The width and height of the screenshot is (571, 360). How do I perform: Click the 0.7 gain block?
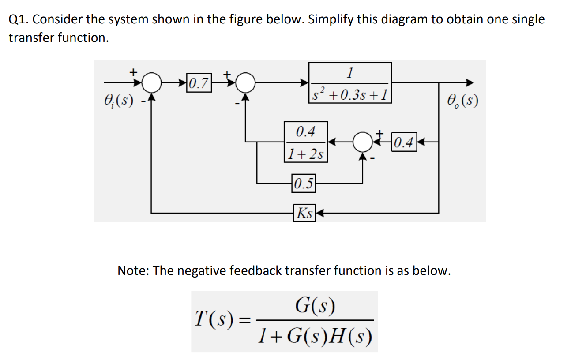tap(199, 82)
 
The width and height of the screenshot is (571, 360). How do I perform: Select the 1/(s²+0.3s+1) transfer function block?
tap(350, 82)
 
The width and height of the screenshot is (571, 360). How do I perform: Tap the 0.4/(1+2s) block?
tap(305, 142)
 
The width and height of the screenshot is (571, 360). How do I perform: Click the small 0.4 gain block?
tap(404, 142)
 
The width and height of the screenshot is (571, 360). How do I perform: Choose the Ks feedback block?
tap(304, 213)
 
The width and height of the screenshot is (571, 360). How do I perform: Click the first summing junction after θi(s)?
tap(153, 82)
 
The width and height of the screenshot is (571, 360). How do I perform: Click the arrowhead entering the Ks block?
tap(319, 213)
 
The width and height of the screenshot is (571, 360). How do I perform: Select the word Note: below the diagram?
tap(134, 270)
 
